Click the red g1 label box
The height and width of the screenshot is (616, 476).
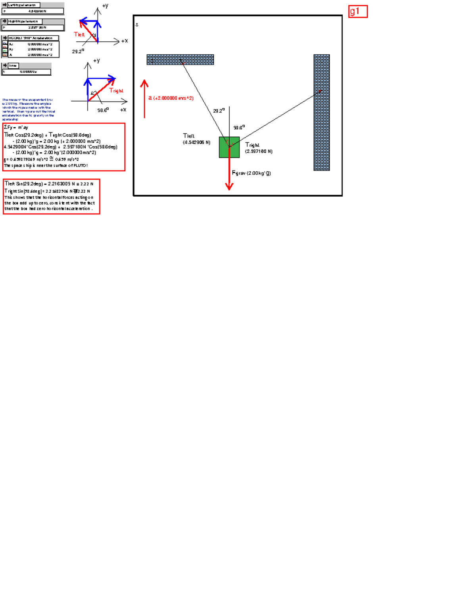[358, 12]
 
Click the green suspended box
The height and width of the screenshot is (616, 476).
[229, 147]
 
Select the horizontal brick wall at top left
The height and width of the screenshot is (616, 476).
[180, 59]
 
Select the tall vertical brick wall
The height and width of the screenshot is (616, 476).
[321, 113]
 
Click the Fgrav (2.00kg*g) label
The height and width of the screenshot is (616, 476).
[251, 173]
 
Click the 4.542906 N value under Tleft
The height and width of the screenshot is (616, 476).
[196, 142]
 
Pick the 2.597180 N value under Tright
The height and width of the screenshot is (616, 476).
[259, 151]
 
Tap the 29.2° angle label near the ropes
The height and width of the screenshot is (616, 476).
[219, 111]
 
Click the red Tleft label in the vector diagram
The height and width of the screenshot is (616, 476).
[79, 35]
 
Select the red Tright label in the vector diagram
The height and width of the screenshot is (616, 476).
[116, 91]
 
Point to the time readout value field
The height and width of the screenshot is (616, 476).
[27, 72]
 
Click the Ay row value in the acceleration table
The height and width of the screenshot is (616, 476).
[40, 50]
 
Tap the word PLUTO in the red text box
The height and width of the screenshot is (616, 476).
[79, 165]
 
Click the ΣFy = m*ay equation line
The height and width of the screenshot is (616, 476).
[16, 127]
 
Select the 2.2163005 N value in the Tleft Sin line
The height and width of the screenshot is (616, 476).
[59, 184]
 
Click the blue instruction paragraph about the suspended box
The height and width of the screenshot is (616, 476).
[28, 109]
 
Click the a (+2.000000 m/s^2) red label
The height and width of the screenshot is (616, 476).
[171, 98]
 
